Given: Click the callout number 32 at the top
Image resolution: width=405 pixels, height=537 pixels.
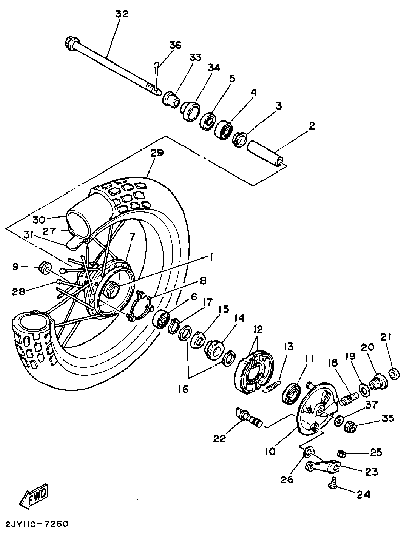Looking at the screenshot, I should [x=121, y=14].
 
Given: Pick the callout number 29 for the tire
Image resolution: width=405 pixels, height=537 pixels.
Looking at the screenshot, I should [x=157, y=153].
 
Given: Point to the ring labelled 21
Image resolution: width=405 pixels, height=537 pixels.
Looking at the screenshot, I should [x=394, y=374].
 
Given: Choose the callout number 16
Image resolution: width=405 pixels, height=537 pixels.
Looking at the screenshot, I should [x=183, y=389].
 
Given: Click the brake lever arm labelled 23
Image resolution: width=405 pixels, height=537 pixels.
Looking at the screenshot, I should [x=322, y=466].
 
